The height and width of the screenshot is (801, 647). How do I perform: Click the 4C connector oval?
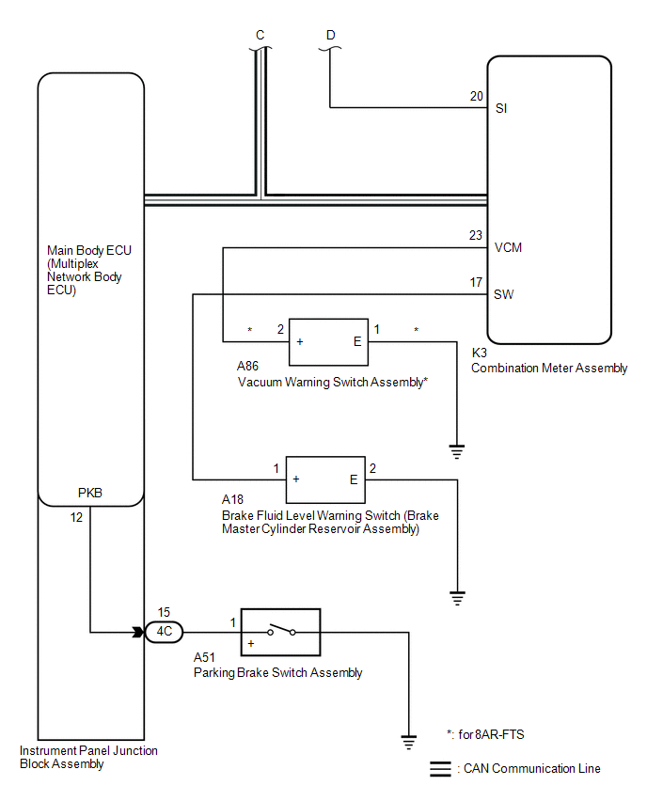pyautogui.click(x=164, y=632)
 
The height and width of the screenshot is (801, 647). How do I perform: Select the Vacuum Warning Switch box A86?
pyautogui.click(x=328, y=341)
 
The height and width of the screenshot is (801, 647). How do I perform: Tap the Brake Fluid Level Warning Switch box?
pyautogui.click(x=325, y=479)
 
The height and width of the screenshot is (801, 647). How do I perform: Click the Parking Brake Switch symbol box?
pyautogui.click(x=281, y=632)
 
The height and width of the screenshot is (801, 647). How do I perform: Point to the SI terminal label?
pyautogui.click(x=501, y=109)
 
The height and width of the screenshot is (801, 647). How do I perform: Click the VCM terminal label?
pyautogui.click(x=509, y=248)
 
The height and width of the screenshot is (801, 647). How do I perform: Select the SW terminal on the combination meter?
pyautogui.click(x=504, y=294)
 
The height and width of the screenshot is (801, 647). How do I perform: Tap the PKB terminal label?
pyautogui.click(x=90, y=492)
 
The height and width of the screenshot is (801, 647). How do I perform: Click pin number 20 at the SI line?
pyautogui.click(x=476, y=97)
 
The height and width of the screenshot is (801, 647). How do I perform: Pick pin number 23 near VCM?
pyautogui.click(x=476, y=236)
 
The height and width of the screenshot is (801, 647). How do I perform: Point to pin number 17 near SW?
pyautogui.click(x=476, y=282)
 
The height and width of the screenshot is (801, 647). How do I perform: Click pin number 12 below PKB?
pyautogui.click(x=76, y=516)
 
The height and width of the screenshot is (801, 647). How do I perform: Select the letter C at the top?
pyautogui.click(x=260, y=35)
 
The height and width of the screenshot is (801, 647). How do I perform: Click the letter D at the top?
pyautogui.click(x=330, y=35)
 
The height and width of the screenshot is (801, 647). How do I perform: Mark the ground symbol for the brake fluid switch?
pyautogui.click(x=457, y=596)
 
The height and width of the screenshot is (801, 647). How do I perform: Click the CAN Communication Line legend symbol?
pyautogui.click(x=440, y=768)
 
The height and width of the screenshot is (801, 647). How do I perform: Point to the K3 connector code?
pyautogui.click(x=479, y=353)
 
